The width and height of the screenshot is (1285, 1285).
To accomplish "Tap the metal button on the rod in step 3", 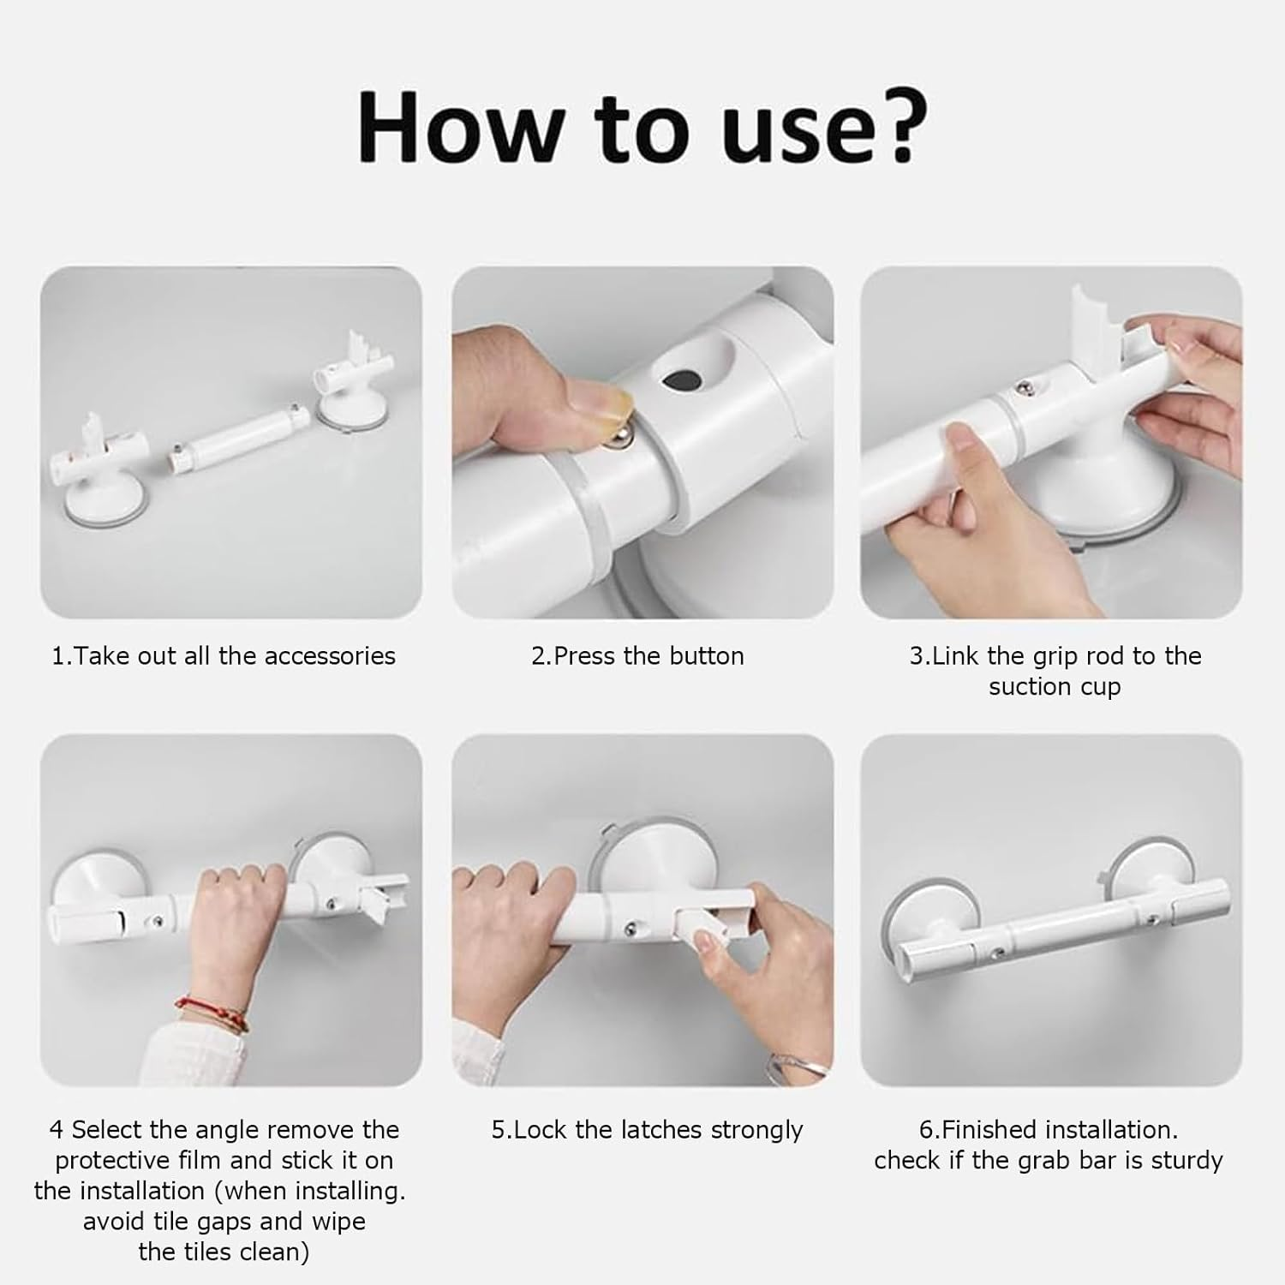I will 1022,389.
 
